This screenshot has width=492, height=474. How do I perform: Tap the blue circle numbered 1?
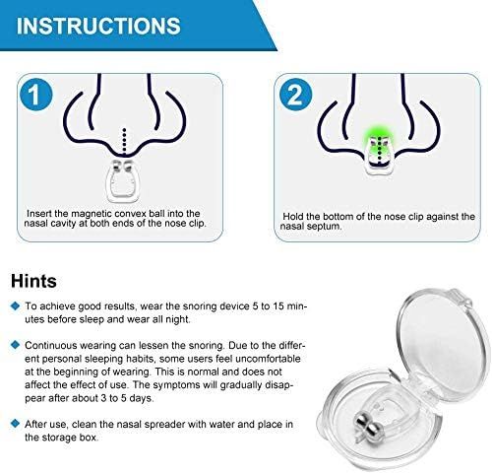click(35, 96)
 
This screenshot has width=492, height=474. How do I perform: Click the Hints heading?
click(35, 282)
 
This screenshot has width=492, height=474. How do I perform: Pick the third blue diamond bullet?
click(14, 422)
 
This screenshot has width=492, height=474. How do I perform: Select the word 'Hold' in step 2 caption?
click(297, 213)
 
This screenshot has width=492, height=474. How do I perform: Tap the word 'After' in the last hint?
click(38, 422)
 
